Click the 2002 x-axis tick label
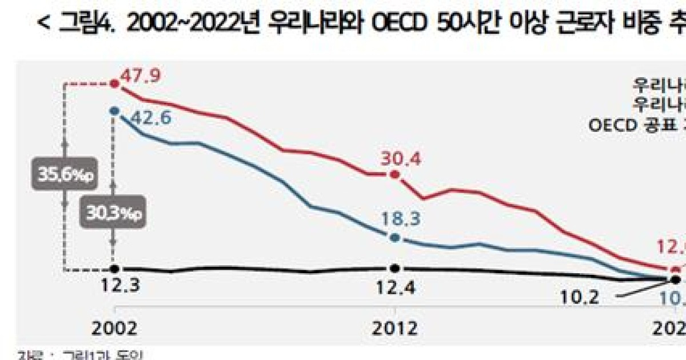[115, 328]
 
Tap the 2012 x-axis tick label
[394, 328]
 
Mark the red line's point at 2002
[115, 83]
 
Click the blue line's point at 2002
[115, 111]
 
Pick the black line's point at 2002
[115, 269]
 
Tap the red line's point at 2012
[394, 174]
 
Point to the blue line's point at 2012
[394, 237]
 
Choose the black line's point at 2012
[394, 268]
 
